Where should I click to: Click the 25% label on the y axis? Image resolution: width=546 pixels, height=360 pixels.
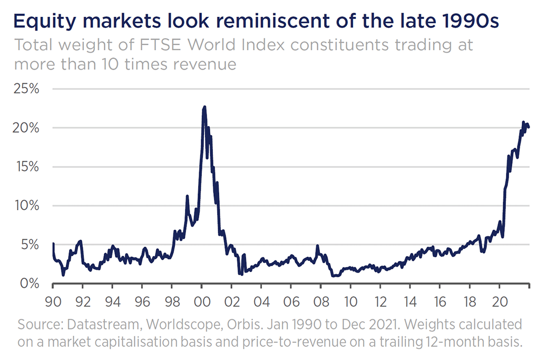point(26,89)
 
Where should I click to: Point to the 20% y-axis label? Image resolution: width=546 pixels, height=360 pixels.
point(26,128)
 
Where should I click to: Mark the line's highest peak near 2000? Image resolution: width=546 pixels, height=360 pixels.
point(204,107)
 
